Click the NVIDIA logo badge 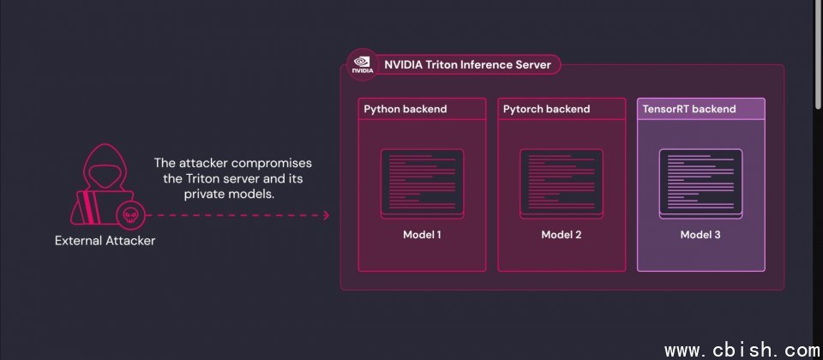click(x=362, y=64)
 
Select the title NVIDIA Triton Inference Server click(x=468, y=64)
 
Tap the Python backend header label click(x=405, y=109)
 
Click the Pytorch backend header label click(x=546, y=109)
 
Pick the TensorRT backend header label click(x=689, y=109)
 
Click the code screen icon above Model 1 click(x=422, y=183)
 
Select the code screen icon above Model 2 click(x=562, y=183)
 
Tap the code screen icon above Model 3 click(x=700, y=183)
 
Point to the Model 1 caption click(x=422, y=235)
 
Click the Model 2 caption click(x=562, y=235)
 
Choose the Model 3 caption click(x=700, y=235)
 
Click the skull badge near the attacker click(x=129, y=215)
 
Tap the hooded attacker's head click(x=105, y=168)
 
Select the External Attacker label click(x=105, y=241)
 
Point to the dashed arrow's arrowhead click(x=326, y=215)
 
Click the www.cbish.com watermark click(x=742, y=350)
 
